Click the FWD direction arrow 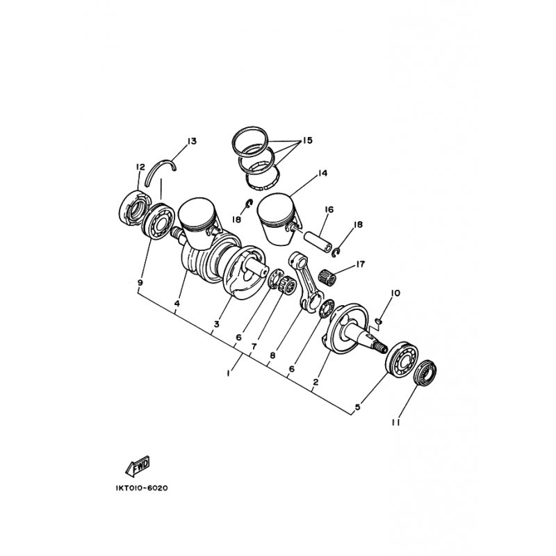click(x=138, y=466)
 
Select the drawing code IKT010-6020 click(x=142, y=488)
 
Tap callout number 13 click(x=192, y=141)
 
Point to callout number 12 click(x=140, y=167)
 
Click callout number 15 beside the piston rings click(x=307, y=140)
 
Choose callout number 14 click(x=322, y=173)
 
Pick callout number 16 click(x=329, y=210)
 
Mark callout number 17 click(x=360, y=264)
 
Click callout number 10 click(x=395, y=293)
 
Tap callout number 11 click(x=396, y=423)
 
